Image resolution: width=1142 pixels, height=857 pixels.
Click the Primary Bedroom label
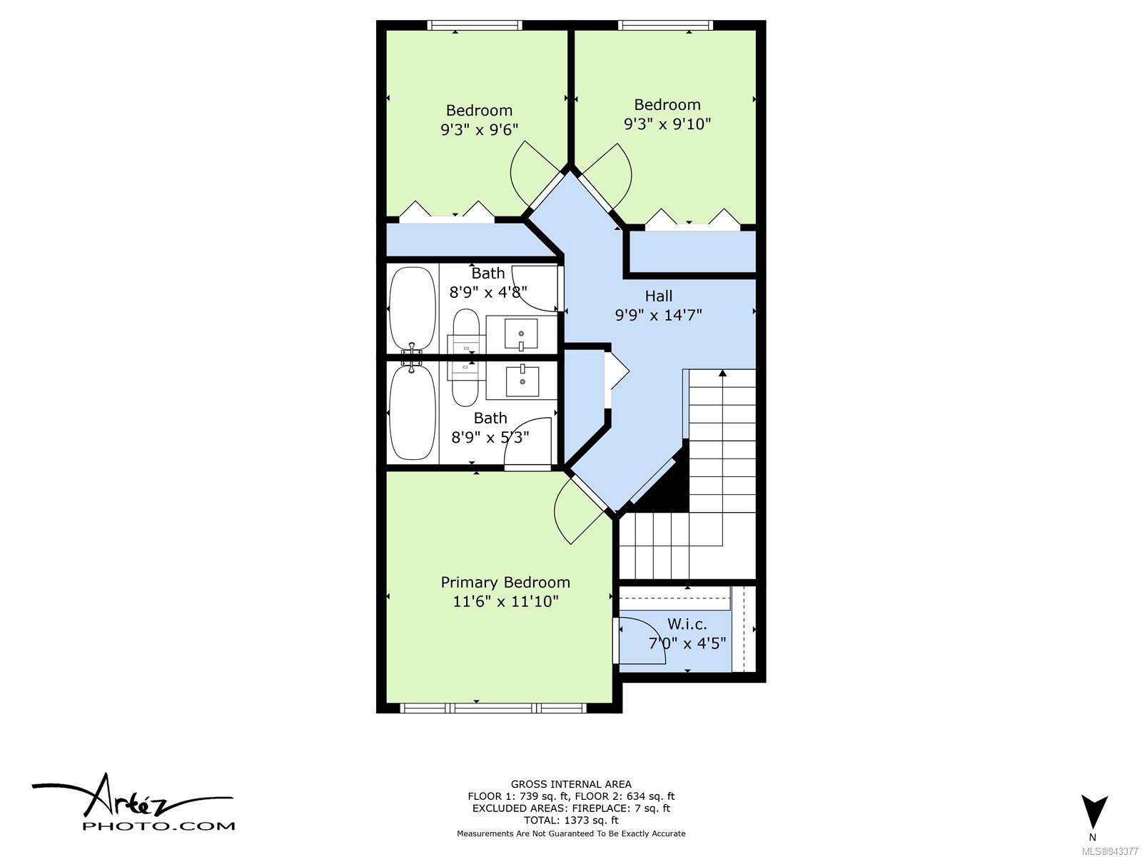click(505, 582)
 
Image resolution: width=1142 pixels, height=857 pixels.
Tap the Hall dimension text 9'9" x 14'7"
click(658, 315)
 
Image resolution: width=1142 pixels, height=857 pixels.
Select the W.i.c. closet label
click(687, 624)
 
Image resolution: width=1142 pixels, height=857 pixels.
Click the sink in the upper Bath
click(521, 334)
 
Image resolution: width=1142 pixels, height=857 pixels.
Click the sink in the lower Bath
click(522, 381)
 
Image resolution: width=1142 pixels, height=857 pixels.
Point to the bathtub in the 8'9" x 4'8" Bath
click(413, 309)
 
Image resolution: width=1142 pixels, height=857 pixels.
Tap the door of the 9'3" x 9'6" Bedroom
click(538, 174)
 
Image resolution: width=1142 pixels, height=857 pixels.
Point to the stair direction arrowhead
click(722, 373)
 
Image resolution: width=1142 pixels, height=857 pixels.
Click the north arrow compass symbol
click(1094, 812)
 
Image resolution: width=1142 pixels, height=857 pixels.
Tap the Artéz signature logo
click(133, 802)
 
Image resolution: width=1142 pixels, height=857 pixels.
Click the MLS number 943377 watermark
click(1111, 851)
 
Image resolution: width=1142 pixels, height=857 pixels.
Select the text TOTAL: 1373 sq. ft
click(571, 821)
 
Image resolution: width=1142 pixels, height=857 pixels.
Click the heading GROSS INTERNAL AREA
click(571, 784)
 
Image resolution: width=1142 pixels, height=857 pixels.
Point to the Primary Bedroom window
click(492, 708)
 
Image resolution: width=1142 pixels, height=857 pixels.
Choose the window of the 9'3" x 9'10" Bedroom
click(665, 25)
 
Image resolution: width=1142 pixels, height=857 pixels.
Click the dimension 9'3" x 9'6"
click(479, 129)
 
